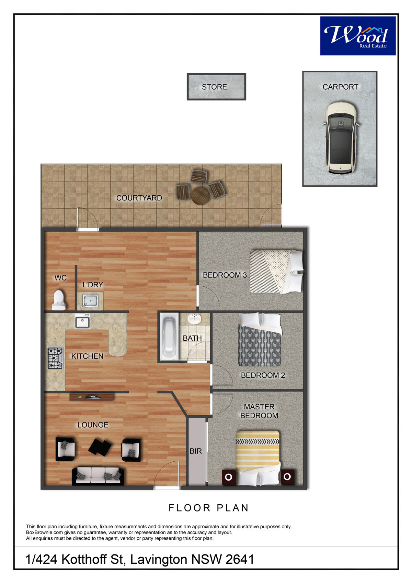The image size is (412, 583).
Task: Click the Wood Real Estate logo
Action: [358, 36]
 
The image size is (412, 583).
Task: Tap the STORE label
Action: [215, 87]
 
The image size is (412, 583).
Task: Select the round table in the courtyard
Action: [199, 196]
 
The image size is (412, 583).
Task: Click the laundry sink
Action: [90, 300]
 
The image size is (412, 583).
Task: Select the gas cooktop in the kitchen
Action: [55, 358]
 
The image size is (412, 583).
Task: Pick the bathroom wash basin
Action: [194, 319]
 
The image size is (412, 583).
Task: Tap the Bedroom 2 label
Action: [263, 375]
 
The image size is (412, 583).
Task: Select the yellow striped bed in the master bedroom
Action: [257, 458]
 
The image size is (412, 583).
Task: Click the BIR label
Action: [196, 451]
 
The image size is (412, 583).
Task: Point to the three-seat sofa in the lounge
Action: [98, 476]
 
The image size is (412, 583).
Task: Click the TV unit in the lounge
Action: [91, 397]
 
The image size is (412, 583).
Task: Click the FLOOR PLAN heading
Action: [209, 508]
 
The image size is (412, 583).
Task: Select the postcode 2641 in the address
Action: [240, 559]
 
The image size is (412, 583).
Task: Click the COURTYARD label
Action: [139, 198]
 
